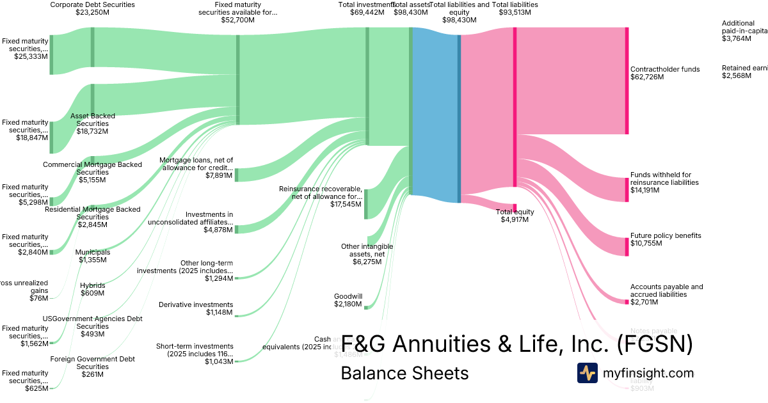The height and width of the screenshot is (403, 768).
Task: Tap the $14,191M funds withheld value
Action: (x=644, y=190)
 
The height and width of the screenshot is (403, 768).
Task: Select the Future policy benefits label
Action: (x=666, y=235)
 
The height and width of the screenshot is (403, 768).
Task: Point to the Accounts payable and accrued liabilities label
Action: (x=666, y=290)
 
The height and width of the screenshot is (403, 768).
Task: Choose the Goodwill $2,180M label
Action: (x=348, y=300)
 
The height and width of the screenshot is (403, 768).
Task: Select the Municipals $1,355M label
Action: (x=93, y=256)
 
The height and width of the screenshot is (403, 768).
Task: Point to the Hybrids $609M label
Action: (x=93, y=289)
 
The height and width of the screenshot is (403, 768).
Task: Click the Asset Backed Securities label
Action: (x=93, y=123)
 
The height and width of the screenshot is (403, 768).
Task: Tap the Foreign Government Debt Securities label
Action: (x=93, y=367)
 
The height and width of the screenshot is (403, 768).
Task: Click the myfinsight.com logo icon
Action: (x=587, y=373)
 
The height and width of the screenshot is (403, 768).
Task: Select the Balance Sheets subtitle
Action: (x=404, y=373)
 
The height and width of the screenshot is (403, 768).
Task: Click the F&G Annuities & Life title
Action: (x=516, y=344)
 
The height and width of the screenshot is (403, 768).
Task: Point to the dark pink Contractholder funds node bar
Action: (x=627, y=81)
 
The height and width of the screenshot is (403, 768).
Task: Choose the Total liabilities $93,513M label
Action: (x=515, y=8)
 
